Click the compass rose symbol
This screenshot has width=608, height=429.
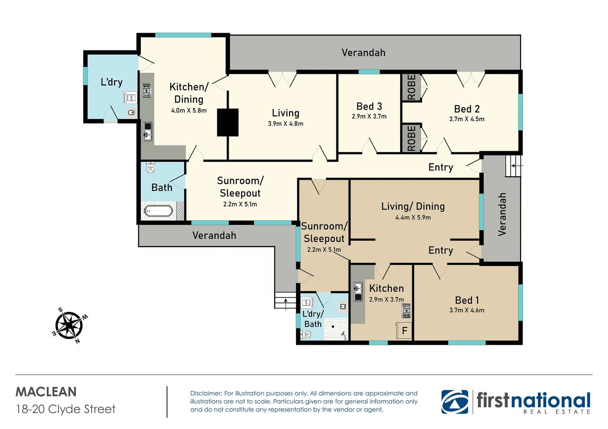pyautogui.click(x=69, y=326)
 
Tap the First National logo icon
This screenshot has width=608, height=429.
pyautogui.click(x=455, y=402)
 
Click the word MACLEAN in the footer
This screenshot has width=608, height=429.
pyautogui.click(x=46, y=392)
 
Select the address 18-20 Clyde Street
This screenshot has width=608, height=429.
pyautogui.click(x=66, y=409)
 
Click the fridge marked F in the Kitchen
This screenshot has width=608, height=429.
pyautogui.click(x=404, y=330)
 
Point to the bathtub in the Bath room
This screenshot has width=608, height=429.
pyautogui.click(x=158, y=211)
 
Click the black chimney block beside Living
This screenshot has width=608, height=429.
pyautogui.click(x=228, y=122)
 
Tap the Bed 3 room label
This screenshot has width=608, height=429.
pyautogui.click(x=369, y=106)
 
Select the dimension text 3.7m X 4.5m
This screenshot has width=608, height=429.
pyautogui.click(x=466, y=119)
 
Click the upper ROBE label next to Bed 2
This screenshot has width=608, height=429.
pyautogui.click(x=411, y=87)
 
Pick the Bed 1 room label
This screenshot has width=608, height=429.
pyautogui.click(x=467, y=300)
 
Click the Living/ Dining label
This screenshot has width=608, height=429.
pyautogui.click(x=413, y=207)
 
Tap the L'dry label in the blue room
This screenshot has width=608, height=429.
pyautogui.click(x=111, y=82)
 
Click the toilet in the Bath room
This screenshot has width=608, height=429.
pyautogui.click(x=150, y=168)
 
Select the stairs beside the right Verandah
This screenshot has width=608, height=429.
pyautogui.click(x=513, y=166)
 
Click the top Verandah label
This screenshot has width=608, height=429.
pyautogui.click(x=363, y=53)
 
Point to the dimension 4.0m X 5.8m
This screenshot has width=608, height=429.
pyautogui.click(x=189, y=111)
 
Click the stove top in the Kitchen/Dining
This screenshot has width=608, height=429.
pyautogui.click(x=146, y=91)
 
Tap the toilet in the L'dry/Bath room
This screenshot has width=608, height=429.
pyautogui.click(x=306, y=334)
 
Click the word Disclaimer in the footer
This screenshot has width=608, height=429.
pyautogui.click(x=206, y=393)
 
